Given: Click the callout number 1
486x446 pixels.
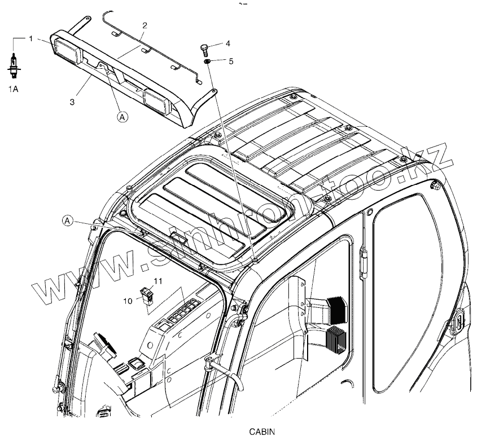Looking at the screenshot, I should coord(30,38).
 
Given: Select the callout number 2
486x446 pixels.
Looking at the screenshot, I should coord(145,25).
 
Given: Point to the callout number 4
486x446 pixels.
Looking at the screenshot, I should coord(228,43).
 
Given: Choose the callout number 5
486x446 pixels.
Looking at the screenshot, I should coord(231,60).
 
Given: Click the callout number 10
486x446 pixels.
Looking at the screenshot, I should coord(129,301).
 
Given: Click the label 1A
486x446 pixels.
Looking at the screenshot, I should coord(12,89).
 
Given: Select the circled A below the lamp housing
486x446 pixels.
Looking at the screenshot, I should coord(122,117).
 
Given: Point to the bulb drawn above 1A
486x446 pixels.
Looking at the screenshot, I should coord(12,61).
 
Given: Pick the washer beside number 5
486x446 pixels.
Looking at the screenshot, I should coord(207,60).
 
